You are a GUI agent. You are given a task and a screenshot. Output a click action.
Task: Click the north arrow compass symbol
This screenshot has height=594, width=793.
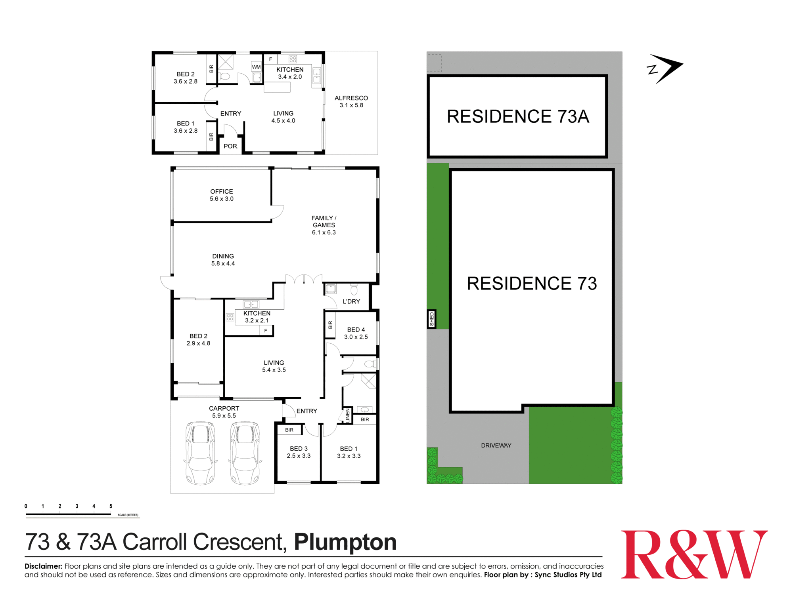point(665,69)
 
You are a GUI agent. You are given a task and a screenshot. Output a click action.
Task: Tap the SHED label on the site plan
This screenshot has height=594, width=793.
point(432,319)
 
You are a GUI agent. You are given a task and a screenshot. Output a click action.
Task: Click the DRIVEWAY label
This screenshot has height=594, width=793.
point(496,445)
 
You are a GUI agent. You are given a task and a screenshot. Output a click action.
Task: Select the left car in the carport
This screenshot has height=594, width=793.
point(201,453)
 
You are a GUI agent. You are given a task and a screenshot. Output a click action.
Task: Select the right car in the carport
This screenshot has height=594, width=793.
point(245,453)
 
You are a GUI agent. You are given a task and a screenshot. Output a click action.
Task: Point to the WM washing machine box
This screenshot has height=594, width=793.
point(256,67)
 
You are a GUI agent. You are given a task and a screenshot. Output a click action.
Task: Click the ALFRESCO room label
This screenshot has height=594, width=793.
point(351,101)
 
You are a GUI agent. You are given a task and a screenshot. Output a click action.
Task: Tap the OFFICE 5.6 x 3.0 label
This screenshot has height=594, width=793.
point(222,195)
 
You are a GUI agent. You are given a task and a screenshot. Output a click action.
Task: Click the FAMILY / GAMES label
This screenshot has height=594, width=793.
point(324,225)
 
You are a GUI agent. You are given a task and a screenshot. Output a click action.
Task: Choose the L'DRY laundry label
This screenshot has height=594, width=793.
point(351,301)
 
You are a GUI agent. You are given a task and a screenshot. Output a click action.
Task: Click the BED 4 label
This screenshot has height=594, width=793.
point(356,333)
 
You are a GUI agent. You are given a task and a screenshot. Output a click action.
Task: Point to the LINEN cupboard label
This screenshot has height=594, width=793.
point(348,415)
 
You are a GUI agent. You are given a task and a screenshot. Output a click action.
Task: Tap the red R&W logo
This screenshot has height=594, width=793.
point(694,554)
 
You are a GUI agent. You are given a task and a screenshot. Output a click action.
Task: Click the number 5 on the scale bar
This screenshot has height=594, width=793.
point(111,506)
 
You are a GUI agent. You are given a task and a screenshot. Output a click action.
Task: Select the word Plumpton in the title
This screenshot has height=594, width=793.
point(345,542)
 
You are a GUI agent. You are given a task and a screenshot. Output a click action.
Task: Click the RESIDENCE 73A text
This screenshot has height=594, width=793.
point(518,116)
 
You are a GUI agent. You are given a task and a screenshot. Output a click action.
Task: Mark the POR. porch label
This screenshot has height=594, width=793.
point(231,146)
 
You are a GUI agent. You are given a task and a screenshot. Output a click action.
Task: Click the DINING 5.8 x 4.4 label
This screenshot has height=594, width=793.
point(223,260)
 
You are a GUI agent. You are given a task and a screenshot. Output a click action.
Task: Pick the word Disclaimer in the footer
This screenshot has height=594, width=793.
point(43,566)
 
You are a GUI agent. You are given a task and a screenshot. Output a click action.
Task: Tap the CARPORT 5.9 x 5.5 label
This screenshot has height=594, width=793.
point(224,412)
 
